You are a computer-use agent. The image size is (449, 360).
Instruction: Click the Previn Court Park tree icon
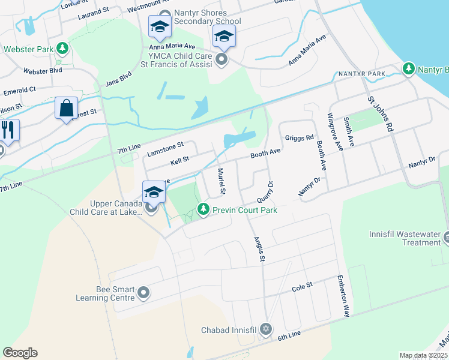(x=204, y=209)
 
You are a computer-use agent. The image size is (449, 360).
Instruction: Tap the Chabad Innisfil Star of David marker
(x=266, y=329)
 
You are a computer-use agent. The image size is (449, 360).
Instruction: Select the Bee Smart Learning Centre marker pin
(x=143, y=293)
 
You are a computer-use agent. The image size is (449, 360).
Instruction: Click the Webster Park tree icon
(x=62, y=49)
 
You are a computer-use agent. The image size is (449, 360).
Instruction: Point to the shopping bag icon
(x=66, y=108)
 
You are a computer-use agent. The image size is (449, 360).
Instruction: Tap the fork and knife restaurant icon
(x=8, y=130)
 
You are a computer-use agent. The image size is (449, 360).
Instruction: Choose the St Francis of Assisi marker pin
(x=221, y=59)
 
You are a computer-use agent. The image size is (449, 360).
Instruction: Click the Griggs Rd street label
(x=300, y=137)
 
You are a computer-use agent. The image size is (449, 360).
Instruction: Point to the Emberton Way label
(x=343, y=296)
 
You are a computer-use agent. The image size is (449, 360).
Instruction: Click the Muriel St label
(x=220, y=181)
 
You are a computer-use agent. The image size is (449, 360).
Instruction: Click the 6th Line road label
(x=289, y=338)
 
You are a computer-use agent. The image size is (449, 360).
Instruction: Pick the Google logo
(x=20, y=353)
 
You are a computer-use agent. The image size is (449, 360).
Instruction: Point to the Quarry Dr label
(x=265, y=191)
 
